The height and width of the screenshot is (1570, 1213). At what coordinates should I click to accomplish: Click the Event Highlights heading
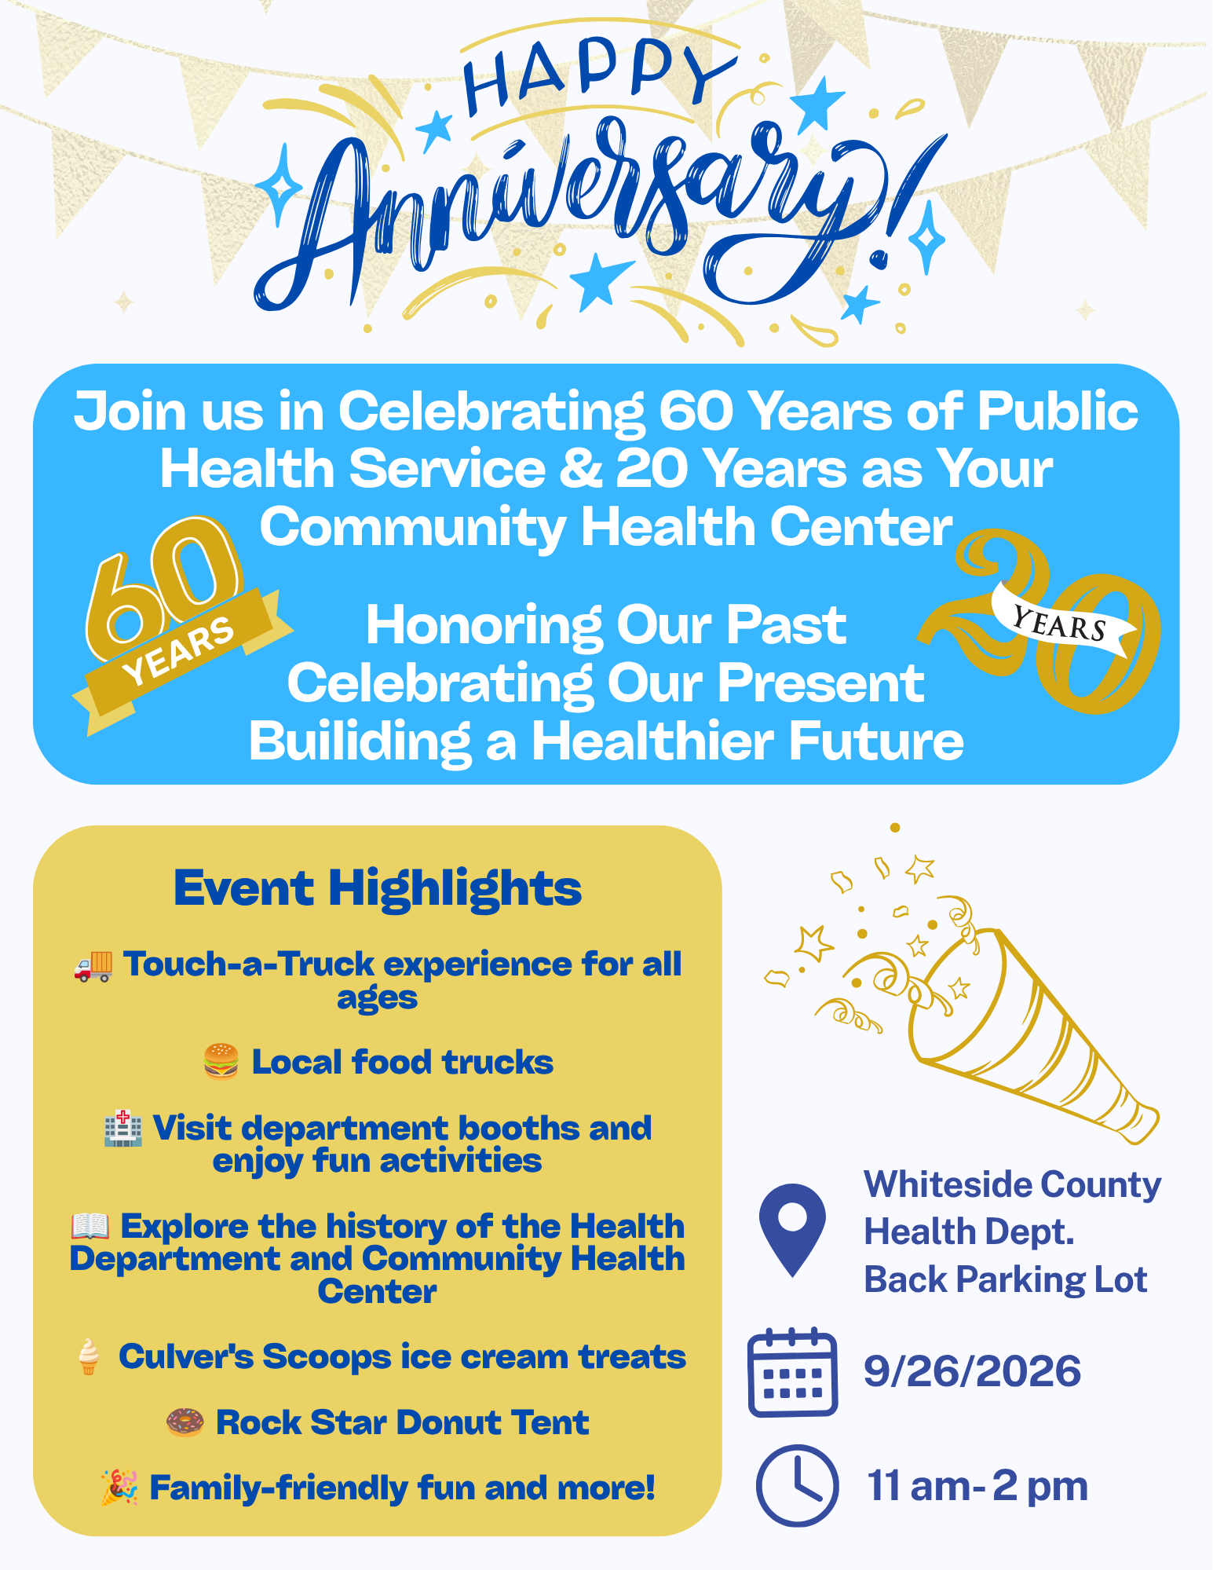tap(378, 888)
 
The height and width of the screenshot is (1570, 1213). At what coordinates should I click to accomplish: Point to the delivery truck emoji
tap(93, 965)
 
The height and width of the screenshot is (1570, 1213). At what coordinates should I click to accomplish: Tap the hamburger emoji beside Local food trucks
tap(221, 1062)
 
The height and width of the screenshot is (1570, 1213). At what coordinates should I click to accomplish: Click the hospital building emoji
tap(123, 1129)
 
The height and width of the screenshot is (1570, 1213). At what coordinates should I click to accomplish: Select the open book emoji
tap(90, 1226)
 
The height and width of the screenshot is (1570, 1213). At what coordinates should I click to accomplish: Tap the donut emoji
tap(185, 1422)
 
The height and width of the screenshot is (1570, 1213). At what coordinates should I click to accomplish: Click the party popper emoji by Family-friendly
tap(119, 1488)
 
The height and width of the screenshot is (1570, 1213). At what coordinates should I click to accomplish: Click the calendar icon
tap(793, 1372)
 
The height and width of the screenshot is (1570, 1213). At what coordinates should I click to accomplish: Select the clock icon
tap(797, 1485)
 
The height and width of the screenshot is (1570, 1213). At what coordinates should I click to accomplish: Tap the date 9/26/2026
tap(973, 1371)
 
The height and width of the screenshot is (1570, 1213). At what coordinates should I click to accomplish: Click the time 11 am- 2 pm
tap(977, 1486)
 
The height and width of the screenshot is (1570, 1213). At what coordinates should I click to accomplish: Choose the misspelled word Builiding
tap(360, 741)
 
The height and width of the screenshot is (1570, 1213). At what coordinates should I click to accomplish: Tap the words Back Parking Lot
tap(1006, 1279)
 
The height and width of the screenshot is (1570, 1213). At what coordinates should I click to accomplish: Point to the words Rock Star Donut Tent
tap(403, 1422)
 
